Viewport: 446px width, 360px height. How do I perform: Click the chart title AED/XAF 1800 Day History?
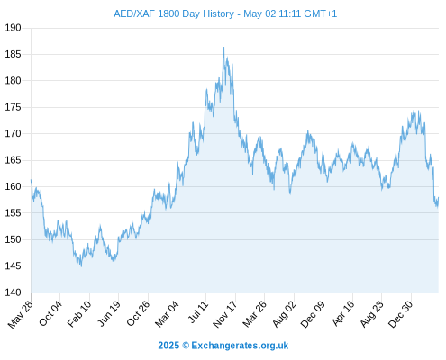click(174, 13)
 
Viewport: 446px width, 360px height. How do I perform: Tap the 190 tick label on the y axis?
click(13, 28)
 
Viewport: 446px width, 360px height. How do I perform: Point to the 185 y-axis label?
click(13, 55)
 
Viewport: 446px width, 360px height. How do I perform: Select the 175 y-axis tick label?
click(13, 107)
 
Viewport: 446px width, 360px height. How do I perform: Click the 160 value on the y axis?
click(13, 186)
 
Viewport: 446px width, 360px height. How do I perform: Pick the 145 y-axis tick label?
click(13, 265)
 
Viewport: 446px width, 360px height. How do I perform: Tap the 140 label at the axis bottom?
click(13, 292)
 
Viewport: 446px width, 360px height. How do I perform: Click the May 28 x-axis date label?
click(21, 314)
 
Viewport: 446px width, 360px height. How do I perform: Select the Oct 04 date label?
click(50, 313)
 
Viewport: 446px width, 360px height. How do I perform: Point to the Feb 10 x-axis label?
click(78, 314)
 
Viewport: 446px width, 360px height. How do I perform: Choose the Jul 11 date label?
click(198, 312)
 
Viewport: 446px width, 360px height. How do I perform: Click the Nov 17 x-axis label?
click(225, 314)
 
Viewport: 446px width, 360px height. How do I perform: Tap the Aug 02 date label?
click(284, 314)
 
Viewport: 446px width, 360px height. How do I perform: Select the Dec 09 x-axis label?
click(313, 314)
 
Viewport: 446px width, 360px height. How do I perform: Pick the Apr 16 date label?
click(343, 313)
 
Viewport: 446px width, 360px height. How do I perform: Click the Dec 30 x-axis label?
click(400, 314)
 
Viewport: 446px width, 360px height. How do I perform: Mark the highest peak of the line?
click(223, 47)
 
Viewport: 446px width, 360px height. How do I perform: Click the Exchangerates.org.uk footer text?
click(240, 346)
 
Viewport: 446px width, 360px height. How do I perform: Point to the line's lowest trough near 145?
click(81, 266)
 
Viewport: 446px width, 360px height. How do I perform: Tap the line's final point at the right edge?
click(439, 197)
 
